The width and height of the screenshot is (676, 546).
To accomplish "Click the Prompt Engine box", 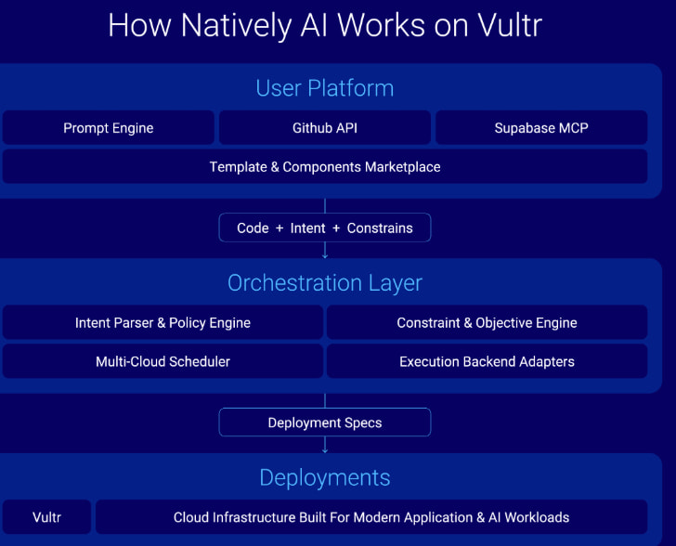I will (108, 128).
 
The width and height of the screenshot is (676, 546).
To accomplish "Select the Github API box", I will (325, 128).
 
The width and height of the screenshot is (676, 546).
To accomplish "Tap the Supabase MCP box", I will (540, 128).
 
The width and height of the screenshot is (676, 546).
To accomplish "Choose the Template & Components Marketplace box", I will (325, 167).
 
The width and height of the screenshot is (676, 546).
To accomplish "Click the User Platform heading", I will (325, 88).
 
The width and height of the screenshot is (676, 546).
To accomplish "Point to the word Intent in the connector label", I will (307, 227).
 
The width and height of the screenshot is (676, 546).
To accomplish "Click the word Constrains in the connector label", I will (380, 227).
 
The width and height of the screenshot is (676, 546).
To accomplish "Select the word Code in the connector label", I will (253, 227).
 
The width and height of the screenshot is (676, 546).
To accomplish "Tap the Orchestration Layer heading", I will (325, 282).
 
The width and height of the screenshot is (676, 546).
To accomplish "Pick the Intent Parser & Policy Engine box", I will (162, 323).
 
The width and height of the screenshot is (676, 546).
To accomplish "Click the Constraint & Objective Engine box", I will (487, 323).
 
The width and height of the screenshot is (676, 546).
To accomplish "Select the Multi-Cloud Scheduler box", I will (162, 361).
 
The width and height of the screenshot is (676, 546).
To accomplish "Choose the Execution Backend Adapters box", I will (487, 361).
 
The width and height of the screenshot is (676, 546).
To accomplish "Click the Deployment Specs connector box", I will (325, 422).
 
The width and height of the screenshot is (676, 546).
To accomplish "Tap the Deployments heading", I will (325, 477).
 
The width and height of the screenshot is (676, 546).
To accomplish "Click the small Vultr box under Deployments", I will (46, 517).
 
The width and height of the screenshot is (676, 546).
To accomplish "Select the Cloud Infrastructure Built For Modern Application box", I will (371, 517).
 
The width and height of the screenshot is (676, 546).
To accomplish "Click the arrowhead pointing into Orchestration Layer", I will (325, 254).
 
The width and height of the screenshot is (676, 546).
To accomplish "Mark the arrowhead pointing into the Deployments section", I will (325, 449).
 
